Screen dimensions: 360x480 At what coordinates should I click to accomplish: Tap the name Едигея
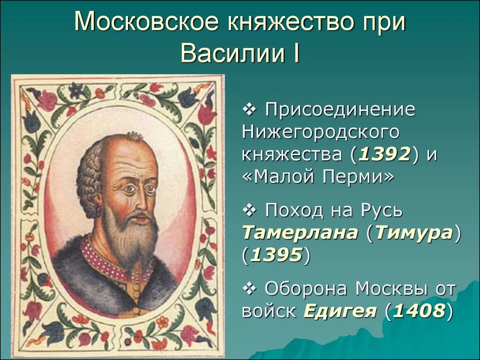(340, 311)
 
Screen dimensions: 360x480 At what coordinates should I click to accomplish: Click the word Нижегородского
(321, 133)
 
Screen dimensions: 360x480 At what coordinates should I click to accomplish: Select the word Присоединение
(340, 110)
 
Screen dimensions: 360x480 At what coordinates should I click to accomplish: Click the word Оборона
(307, 289)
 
